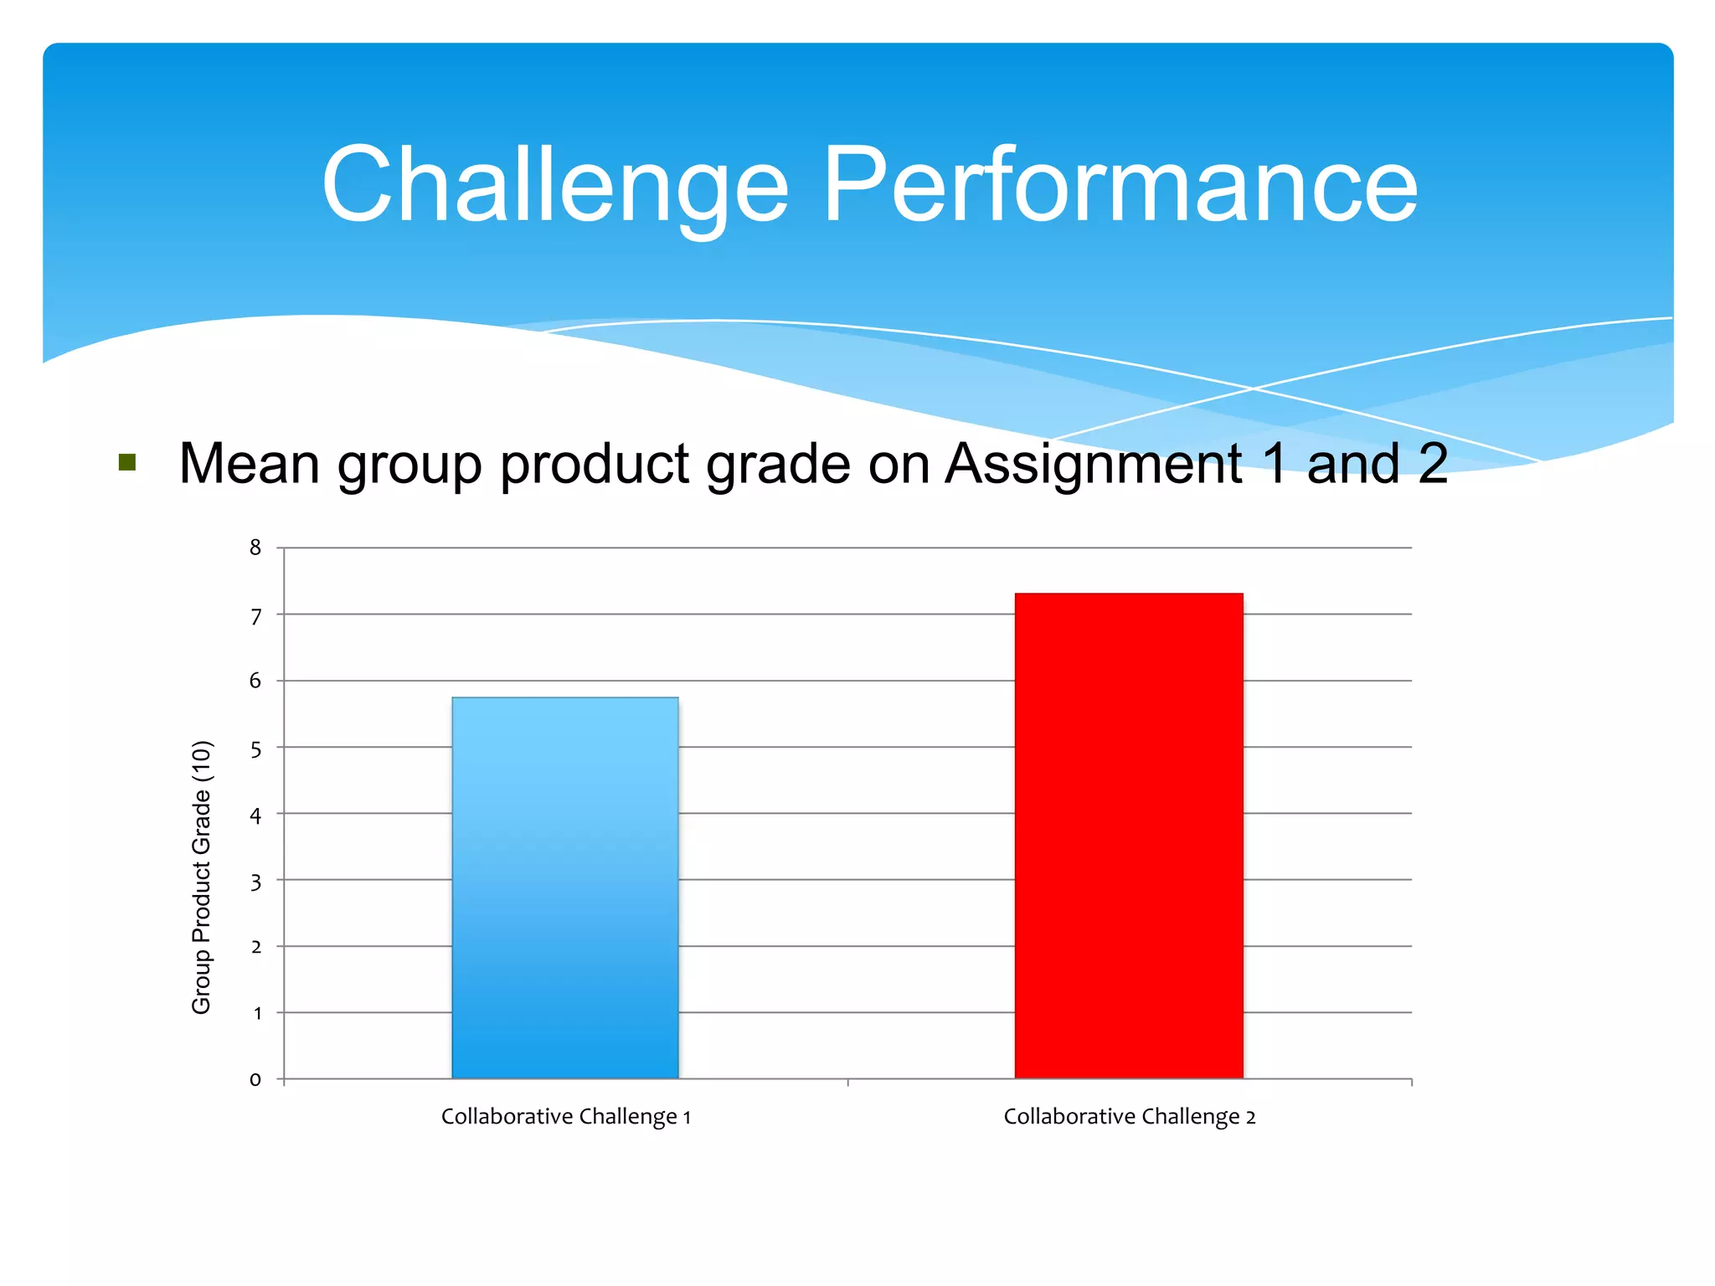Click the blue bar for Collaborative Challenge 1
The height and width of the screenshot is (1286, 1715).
(565, 887)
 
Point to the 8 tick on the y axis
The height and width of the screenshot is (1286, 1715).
(255, 548)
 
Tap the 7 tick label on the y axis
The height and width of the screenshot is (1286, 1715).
(255, 616)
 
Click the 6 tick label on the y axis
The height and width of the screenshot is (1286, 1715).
(255, 681)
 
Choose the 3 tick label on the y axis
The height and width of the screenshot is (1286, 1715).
(255, 882)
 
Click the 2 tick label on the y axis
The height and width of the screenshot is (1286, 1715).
(255, 947)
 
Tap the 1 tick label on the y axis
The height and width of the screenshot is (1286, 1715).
(257, 1013)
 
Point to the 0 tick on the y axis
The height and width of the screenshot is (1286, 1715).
(255, 1080)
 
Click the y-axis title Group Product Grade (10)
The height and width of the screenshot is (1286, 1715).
(202, 877)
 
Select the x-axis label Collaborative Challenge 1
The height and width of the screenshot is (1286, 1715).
(565, 1116)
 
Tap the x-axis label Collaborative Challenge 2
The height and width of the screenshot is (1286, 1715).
(1129, 1116)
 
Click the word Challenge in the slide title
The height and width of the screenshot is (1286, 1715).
(555, 186)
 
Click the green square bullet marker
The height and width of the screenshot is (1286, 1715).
(127, 462)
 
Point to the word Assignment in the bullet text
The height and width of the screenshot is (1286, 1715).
(1093, 465)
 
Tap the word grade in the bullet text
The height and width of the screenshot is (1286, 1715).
(779, 466)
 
